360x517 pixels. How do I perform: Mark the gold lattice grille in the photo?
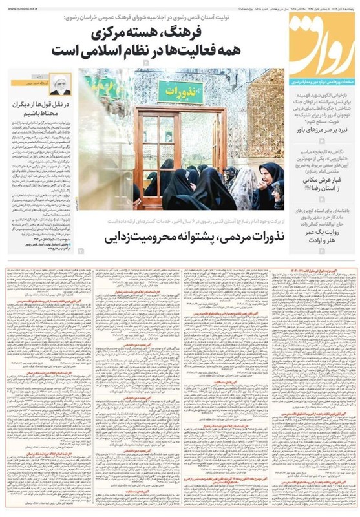point(264,110)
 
